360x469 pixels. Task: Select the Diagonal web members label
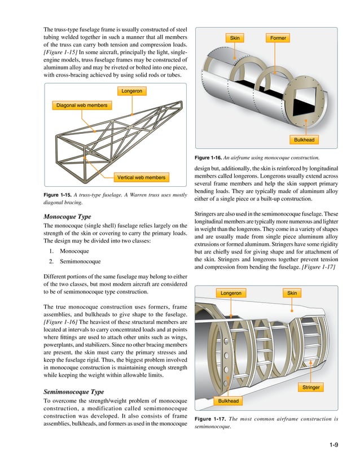(81, 105)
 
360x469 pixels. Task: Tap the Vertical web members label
(141, 178)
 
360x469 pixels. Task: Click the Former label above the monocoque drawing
(278, 38)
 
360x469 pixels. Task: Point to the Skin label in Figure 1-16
(235, 38)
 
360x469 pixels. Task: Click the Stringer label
(311, 388)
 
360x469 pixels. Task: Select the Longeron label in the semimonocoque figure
(230, 293)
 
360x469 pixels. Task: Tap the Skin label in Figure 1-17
(292, 293)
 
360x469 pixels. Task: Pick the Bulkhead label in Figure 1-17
(229, 401)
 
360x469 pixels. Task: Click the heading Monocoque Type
(67, 217)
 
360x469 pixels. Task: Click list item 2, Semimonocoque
(80, 262)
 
